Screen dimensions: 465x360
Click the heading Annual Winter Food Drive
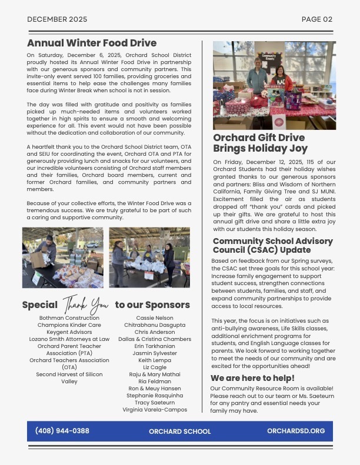[x=92, y=43]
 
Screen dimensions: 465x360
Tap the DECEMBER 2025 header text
[x=57, y=19]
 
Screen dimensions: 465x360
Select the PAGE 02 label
[x=316, y=19]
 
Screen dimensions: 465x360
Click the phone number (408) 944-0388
[x=62, y=431]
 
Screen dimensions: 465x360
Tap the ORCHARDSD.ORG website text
[x=295, y=431]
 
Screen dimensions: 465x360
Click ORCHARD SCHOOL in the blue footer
[x=179, y=431]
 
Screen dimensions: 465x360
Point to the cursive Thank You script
[x=86, y=305]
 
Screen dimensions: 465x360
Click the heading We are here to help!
[x=252, y=378]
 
